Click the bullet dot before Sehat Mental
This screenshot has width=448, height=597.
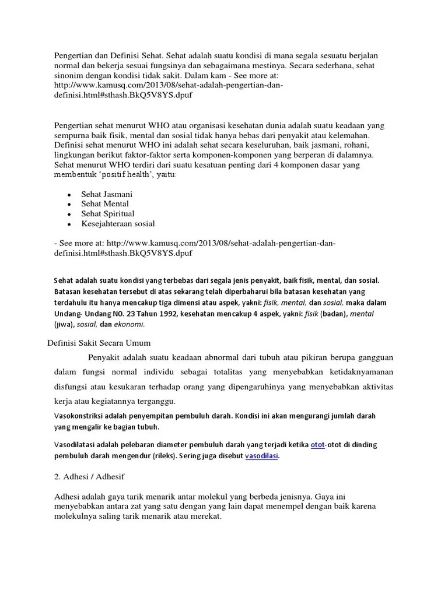pos(69,204)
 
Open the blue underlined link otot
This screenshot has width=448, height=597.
pos(318,445)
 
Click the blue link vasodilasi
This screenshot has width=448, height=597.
pos(261,456)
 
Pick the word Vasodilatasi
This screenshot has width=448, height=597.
pos(76,445)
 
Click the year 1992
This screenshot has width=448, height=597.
pos(166,314)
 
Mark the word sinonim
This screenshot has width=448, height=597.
pos(69,75)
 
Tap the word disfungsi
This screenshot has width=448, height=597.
pos(70,387)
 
